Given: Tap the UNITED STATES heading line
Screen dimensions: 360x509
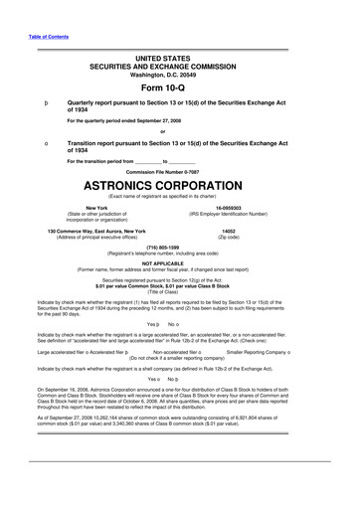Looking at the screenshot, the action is [x=180, y=60].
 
